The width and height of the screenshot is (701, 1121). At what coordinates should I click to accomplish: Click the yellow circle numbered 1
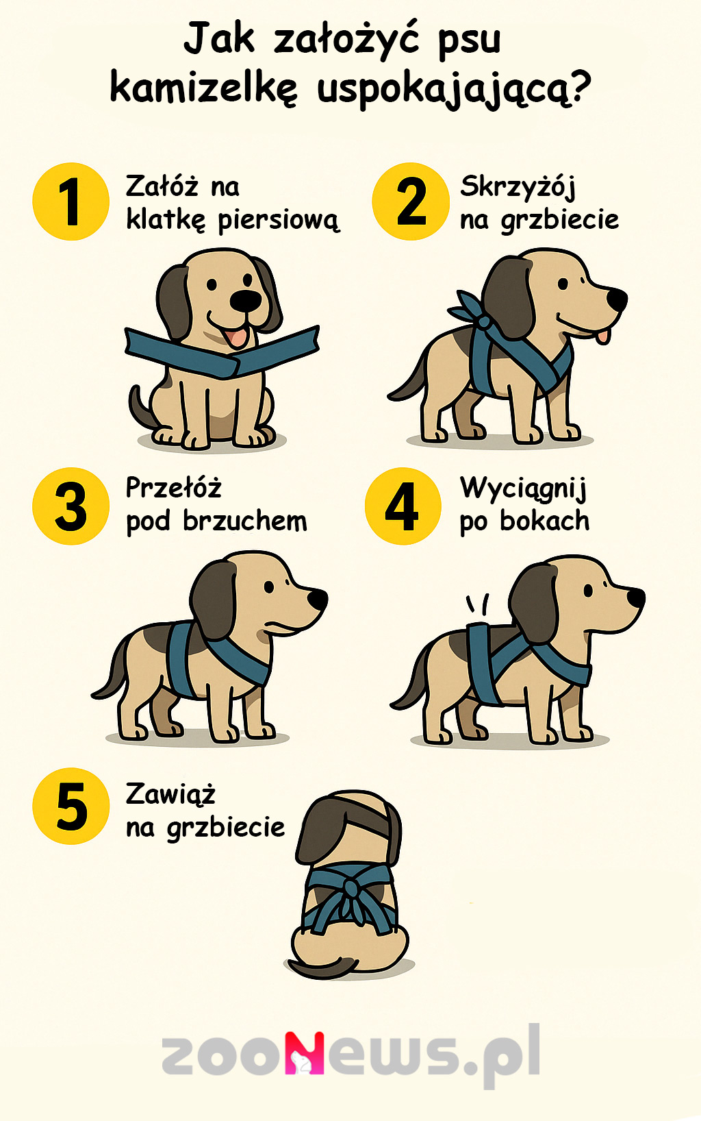point(71,201)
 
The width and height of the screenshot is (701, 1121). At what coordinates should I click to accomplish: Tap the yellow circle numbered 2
point(411,201)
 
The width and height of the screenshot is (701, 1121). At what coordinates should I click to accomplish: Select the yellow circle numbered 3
point(71,506)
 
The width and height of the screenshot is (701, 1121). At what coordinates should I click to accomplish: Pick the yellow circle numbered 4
point(403,506)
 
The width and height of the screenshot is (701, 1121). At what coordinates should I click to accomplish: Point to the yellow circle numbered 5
point(71,806)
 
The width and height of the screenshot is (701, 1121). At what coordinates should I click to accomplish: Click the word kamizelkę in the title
point(204,89)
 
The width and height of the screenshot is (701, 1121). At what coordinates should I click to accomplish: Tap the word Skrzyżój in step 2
point(518,186)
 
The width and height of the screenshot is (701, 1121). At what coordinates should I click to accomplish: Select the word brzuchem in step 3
point(245,521)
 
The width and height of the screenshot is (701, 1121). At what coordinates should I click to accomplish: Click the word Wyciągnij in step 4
point(523,489)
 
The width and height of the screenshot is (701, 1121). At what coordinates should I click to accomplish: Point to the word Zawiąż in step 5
point(170,794)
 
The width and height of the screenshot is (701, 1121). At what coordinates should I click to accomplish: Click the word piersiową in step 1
point(279,221)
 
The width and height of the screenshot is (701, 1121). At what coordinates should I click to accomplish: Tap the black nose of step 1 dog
point(245,300)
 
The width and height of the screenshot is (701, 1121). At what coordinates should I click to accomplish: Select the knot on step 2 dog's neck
point(484,321)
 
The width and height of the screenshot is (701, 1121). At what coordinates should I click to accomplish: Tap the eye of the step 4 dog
point(587,591)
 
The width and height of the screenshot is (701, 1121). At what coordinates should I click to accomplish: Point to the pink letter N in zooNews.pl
point(305,1052)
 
